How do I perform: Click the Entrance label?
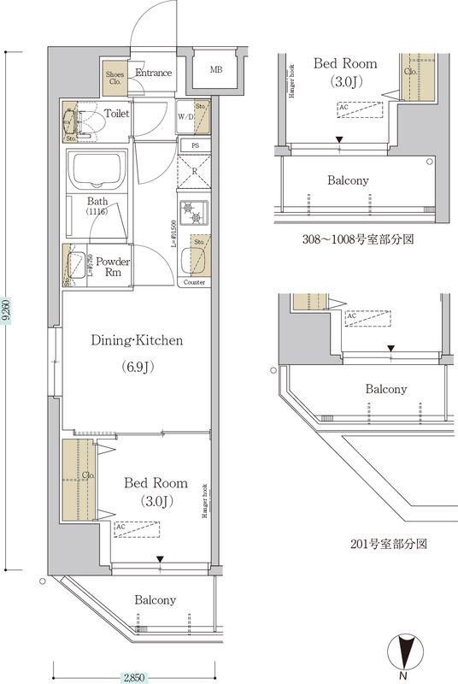click(x=154, y=74)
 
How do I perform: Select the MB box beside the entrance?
click(x=216, y=69)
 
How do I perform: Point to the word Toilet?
click(x=117, y=113)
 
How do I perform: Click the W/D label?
click(x=185, y=115)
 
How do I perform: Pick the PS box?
click(x=196, y=145)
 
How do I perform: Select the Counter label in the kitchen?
click(x=194, y=281)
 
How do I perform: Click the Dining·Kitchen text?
click(x=138, y=340)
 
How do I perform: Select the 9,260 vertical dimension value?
click(x=7, y=313)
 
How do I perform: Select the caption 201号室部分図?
click(x=389, y=543)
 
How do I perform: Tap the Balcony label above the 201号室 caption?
click(x=386, y=389)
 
